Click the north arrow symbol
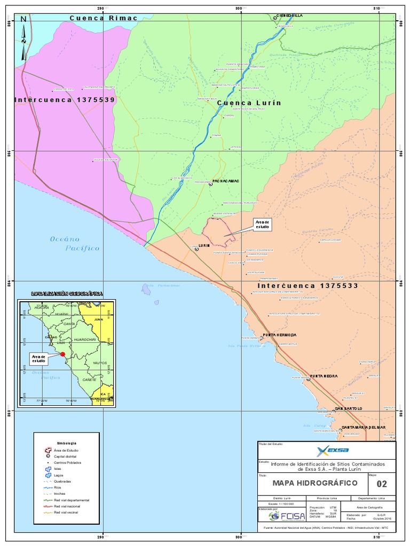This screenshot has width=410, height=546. (23, 37)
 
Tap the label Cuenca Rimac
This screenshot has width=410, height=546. (104, 18)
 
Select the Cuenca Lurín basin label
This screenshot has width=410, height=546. (248, 103)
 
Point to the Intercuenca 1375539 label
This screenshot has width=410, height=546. (65, 100)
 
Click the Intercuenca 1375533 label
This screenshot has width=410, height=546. (304, 286)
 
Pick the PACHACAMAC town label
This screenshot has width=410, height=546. (226, 181)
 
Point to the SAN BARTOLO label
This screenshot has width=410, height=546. (349, 408)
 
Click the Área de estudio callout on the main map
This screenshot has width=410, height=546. (263, 224)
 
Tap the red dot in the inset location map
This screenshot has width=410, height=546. (62, 354)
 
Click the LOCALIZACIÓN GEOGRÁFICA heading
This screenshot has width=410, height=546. (67, 294)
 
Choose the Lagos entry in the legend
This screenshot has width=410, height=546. (58, 475)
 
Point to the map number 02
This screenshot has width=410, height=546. (382, 484)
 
